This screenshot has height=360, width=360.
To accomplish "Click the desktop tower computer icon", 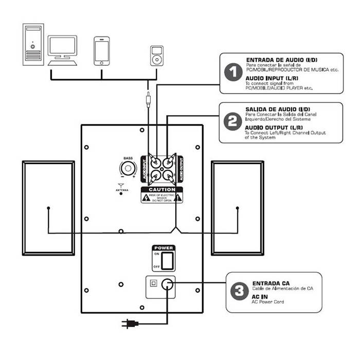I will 33,44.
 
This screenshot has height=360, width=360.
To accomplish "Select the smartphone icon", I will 102,50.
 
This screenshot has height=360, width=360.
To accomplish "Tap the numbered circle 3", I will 239,293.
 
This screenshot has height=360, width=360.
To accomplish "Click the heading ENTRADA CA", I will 271,283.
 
